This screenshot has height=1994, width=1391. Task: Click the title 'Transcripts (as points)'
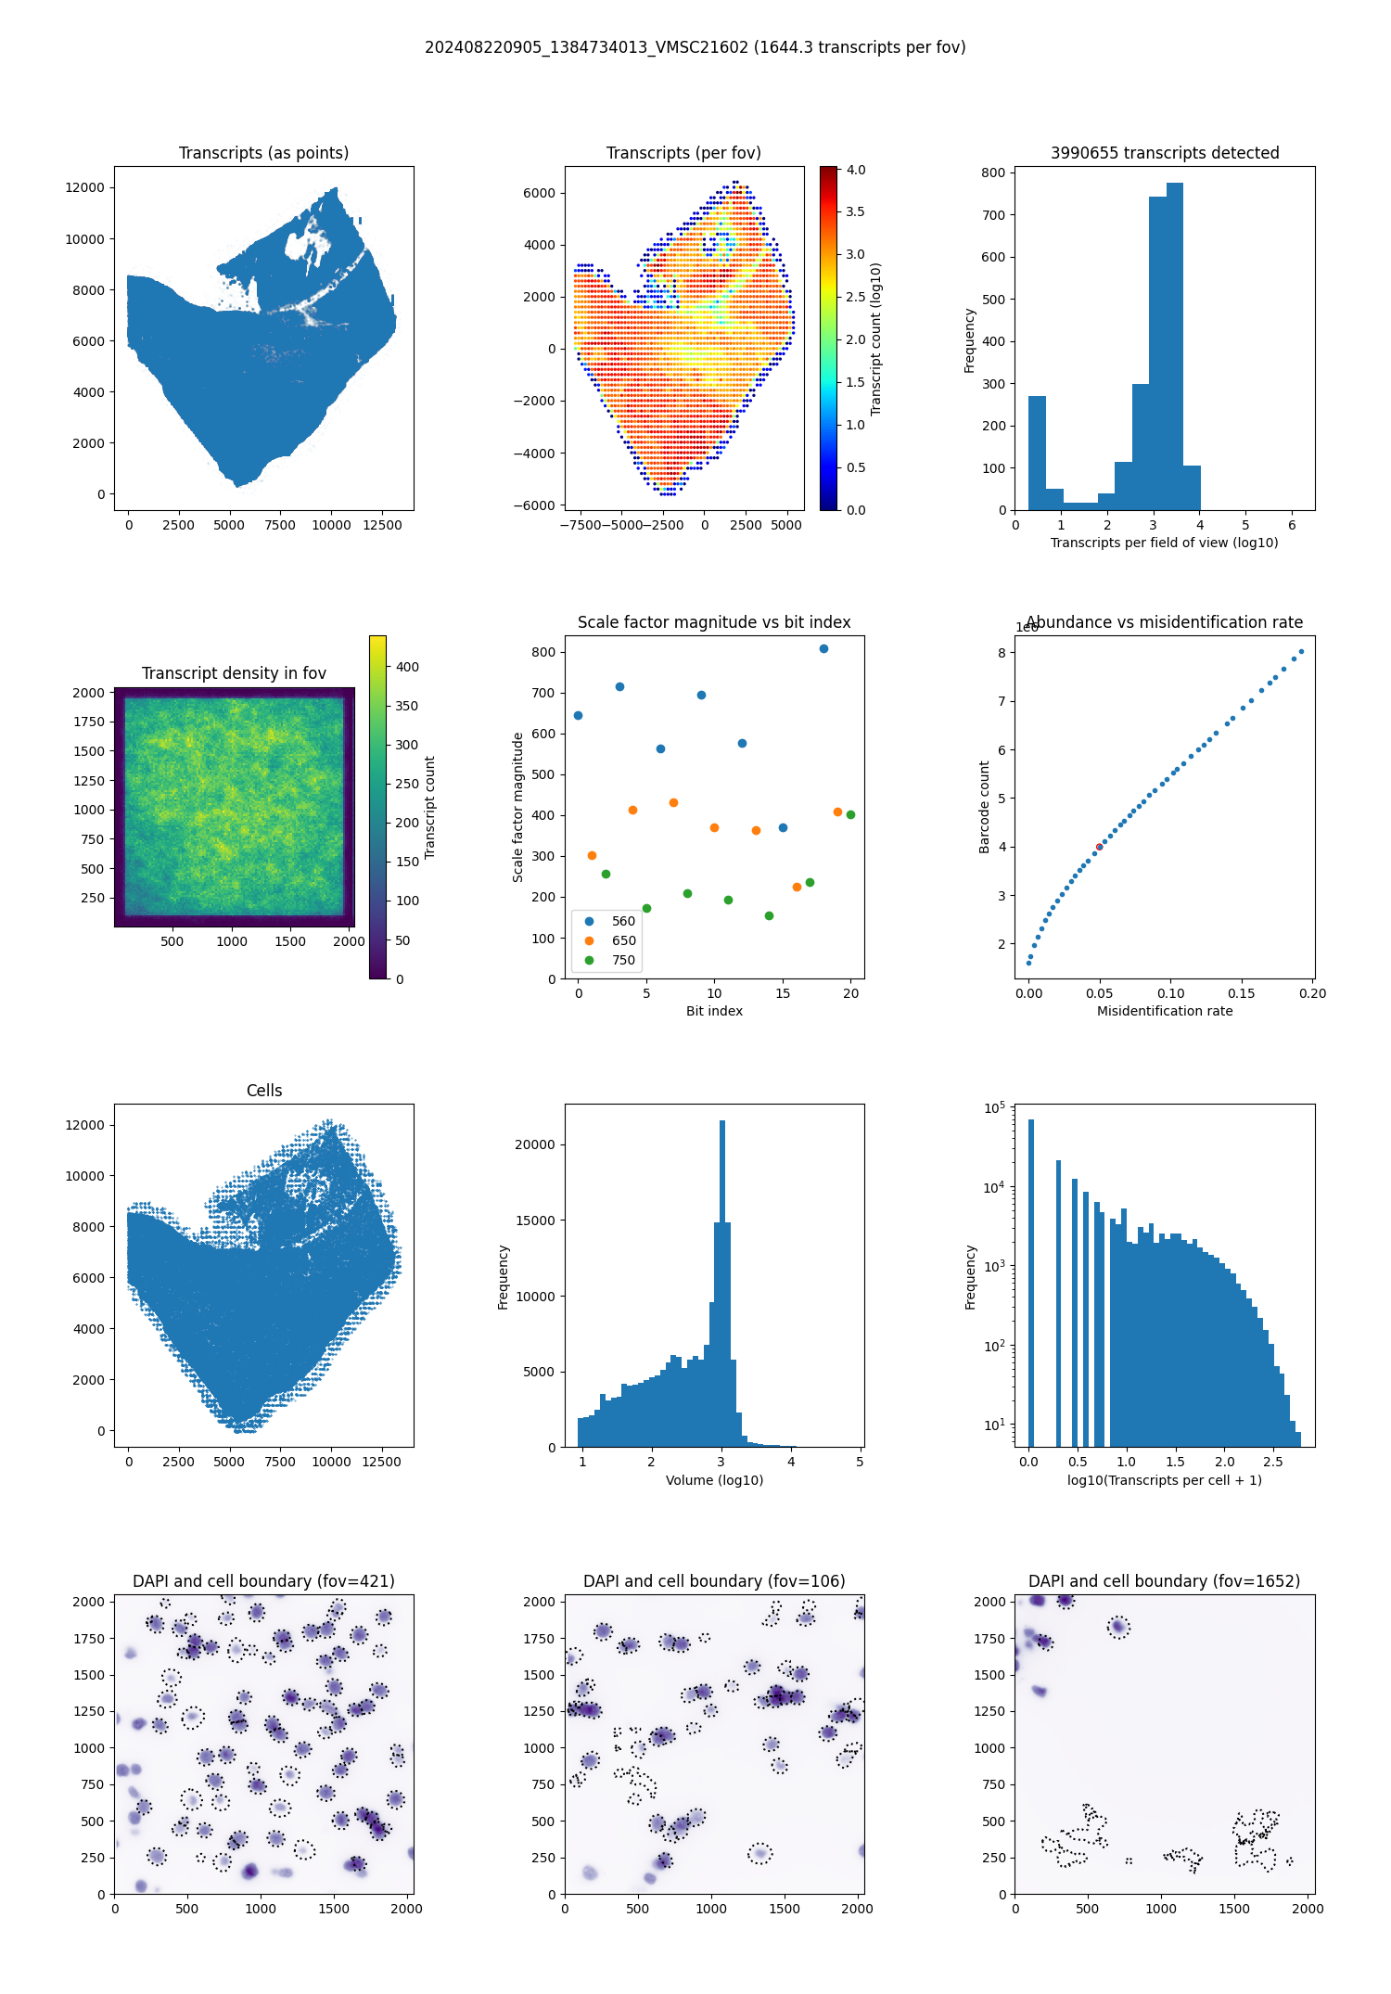[x=263, y=153]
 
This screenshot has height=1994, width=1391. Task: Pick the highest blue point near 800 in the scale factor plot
[x=823, y=648]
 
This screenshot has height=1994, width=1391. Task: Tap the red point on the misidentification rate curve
[x=1099, y=847]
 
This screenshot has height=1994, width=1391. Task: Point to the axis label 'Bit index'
[x=714, y=1011]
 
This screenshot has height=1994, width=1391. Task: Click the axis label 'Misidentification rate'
[x=1165, y=1011]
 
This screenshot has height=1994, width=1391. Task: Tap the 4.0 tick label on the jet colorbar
[x=856, y=170]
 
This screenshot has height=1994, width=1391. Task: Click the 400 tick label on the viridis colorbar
[x=407, y=667]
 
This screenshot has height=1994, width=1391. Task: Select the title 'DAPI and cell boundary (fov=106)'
[x=714, y=1581]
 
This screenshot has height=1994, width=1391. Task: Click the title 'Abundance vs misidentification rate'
[x=1165, y=622]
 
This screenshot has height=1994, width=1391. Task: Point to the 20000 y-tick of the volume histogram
[x=535, y=1144]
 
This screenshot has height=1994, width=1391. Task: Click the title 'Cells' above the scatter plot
[x=264, y=1091]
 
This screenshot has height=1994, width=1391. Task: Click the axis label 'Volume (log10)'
[x=714, y=1480]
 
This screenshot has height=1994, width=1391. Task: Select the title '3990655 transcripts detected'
[x=1165, y=153]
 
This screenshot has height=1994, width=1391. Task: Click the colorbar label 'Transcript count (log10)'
[x=876, y=339]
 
